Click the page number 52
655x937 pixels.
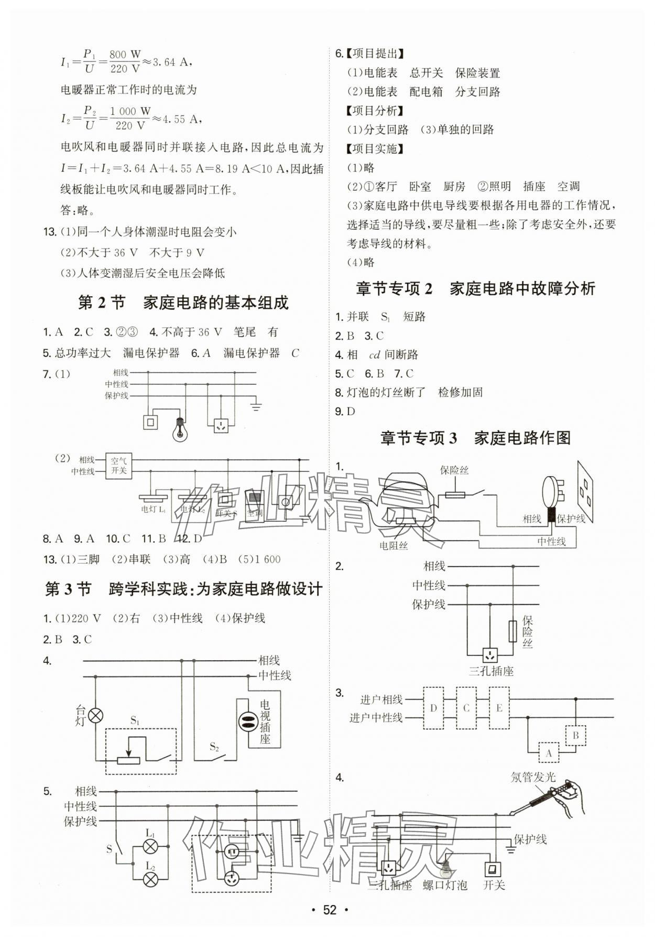(329, 909)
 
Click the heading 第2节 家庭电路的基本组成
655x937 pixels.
(183, 303)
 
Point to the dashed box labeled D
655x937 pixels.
(433, 708)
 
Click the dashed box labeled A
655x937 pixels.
(549, 753)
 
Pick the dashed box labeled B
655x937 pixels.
(575, 735)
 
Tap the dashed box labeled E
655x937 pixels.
(499, 708)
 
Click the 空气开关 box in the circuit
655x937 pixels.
(118, 466)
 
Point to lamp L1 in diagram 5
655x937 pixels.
(151, 846)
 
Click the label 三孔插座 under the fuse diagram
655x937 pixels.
(490, 671)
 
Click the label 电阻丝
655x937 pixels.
(394, 546)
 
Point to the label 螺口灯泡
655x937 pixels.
(444, 886)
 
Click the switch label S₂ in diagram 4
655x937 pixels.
(214, 746)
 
